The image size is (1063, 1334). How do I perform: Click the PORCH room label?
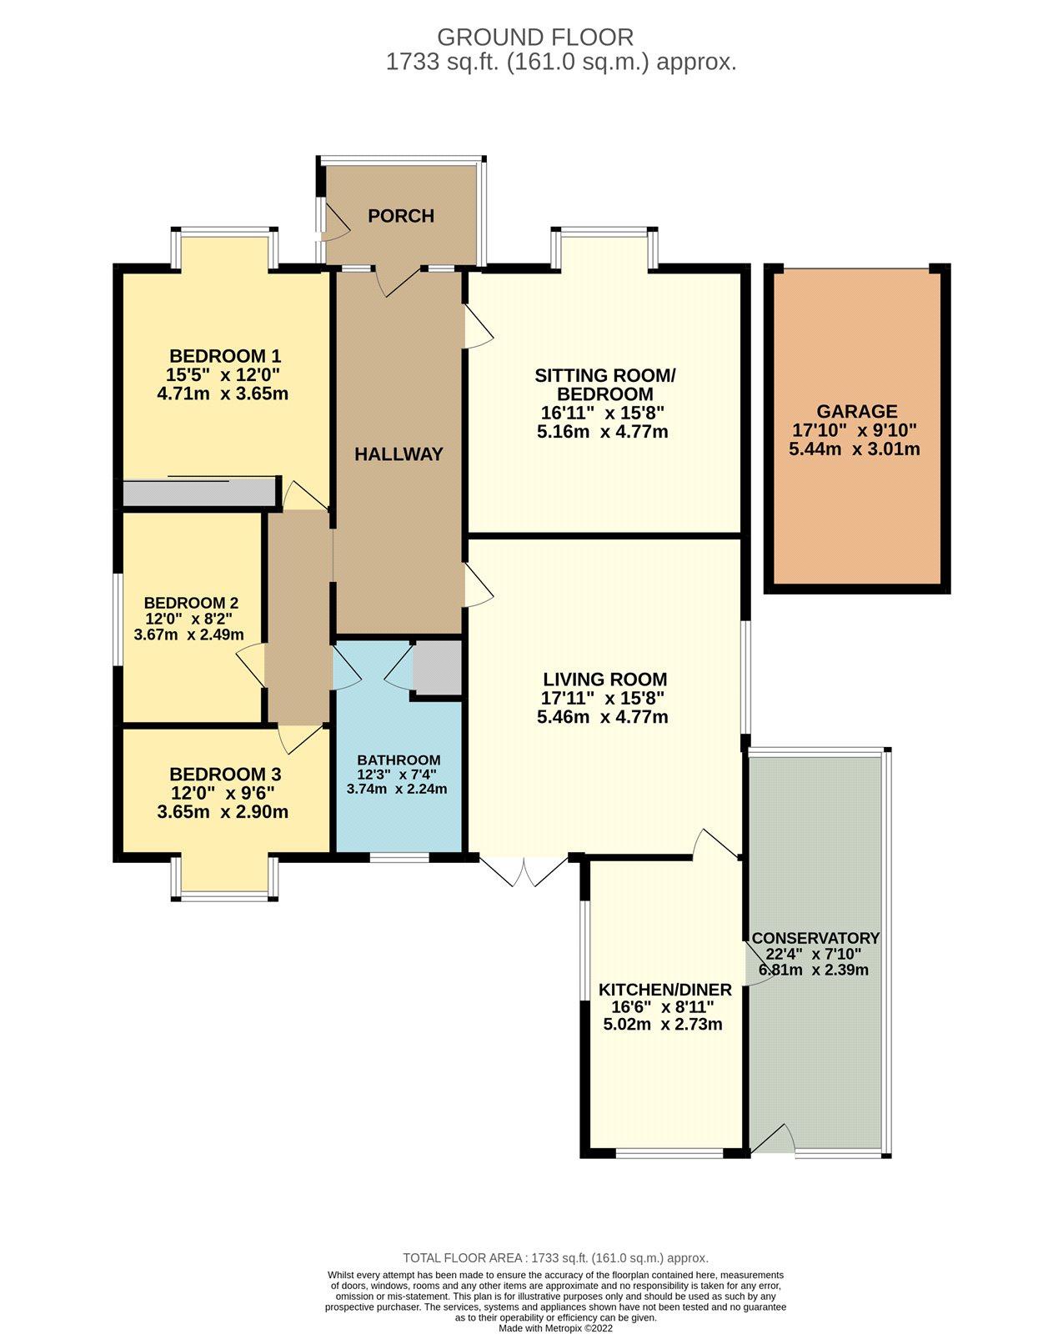[400, 216]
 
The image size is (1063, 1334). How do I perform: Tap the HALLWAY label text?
[399, 454]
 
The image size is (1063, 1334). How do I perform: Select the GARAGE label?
[856, 411]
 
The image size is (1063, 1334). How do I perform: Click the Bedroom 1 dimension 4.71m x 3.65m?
[223, 393]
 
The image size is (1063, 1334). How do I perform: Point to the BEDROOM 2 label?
[191, 603]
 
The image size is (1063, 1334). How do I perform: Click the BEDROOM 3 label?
[225, 774]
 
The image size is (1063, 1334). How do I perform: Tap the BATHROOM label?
[399, 760]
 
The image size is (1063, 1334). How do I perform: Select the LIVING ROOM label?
[605, 679]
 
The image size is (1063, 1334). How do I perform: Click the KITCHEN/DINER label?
[665, 989]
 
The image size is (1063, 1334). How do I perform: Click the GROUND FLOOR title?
[535, 38]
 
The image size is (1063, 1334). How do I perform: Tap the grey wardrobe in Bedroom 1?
[199, 492]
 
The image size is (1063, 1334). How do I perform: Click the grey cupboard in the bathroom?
[438, 668]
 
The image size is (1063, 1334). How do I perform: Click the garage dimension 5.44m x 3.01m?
[854, 449]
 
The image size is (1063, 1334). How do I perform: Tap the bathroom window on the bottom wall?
[399, 857]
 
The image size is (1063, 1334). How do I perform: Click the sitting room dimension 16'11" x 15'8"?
[603, 412]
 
